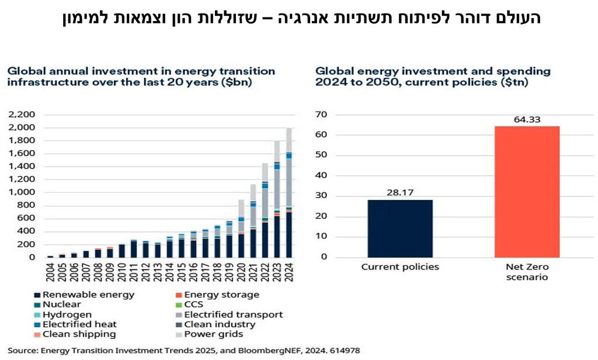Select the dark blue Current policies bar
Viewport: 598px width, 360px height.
(399, 229)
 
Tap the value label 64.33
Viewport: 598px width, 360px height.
(526, 120)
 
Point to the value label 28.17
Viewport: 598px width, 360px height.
(399, 193)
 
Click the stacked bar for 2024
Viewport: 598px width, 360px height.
(288, 193)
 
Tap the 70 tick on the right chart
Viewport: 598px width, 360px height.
(322, 115)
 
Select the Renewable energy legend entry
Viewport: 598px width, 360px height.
(84, 295)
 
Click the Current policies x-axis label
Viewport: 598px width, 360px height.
(399, 268)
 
